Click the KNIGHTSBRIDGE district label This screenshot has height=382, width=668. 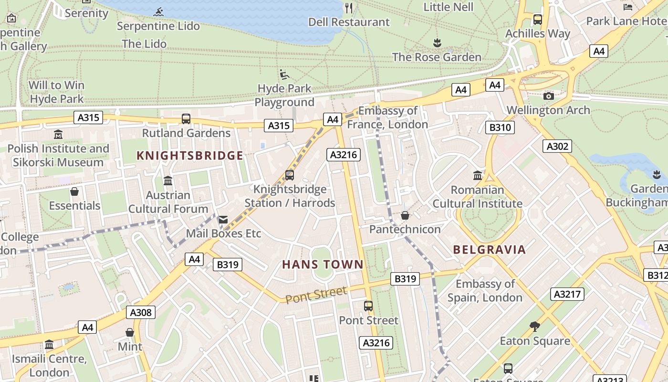click(190, 156)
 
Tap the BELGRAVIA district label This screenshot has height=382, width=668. click(489, 249)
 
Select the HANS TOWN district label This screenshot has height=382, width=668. click(323, 264)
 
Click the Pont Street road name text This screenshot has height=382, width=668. click(317, 294)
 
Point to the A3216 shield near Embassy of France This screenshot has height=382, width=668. click(344, 155)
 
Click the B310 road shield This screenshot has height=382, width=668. click(500, 127)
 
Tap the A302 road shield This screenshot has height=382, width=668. click(557, 146)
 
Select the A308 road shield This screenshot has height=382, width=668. click(141, 313)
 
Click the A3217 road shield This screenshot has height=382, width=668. click(567, 294)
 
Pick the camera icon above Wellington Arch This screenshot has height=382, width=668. click(549, 96)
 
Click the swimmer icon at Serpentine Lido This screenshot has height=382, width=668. click(159, 11)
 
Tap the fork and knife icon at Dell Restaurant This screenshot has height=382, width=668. click(349, 8)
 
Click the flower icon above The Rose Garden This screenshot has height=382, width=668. click(437, 43)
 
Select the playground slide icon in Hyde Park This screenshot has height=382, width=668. click(284, 74)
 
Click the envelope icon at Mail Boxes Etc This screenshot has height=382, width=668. click(223, 220)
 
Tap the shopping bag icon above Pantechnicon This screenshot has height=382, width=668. click(405, 215)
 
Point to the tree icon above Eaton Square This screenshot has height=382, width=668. click(535, 327)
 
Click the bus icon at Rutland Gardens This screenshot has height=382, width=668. click(186, 118)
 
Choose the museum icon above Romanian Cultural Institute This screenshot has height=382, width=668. click(477, 175)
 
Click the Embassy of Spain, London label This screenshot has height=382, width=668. click(485, 291)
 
